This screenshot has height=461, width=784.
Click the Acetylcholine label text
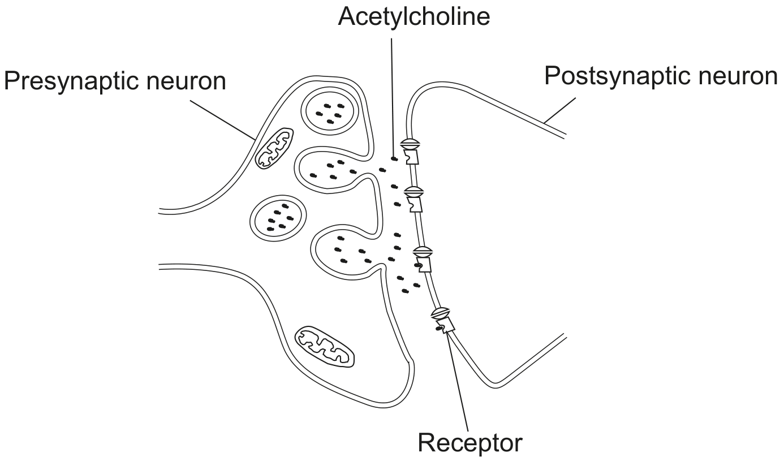(x=413, y=16)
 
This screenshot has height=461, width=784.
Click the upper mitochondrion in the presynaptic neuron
(x=274, y=148)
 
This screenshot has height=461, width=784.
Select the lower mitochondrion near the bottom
(x=325, y=347)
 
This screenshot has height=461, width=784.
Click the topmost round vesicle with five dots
(x=329, y=111)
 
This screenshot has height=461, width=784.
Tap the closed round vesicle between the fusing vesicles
(x=278, y=218)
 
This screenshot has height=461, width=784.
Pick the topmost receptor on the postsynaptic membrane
(x=410, y=151)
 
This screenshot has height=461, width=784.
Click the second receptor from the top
(x=414, y=199)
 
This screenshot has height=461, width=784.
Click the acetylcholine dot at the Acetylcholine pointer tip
(x=394, y=159)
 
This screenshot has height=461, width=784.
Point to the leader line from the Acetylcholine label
(x=393, y=97)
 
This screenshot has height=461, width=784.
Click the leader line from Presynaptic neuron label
(x=223, y=120)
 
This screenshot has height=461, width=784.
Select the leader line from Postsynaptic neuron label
(x=560, y=110)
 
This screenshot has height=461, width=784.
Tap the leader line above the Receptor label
(x=457, y=382)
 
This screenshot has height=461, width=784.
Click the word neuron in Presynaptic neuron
(x=186, y=81)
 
